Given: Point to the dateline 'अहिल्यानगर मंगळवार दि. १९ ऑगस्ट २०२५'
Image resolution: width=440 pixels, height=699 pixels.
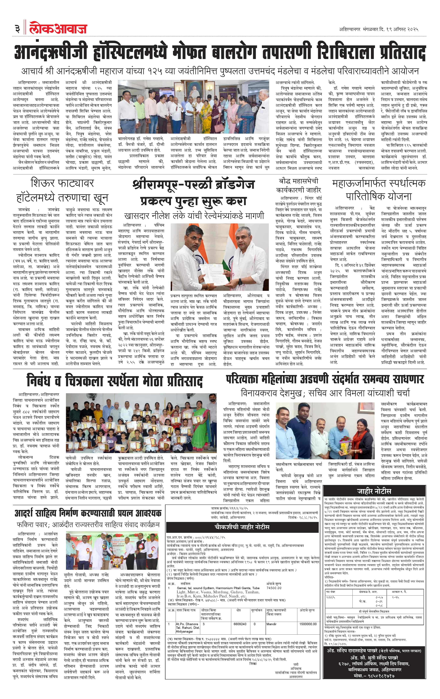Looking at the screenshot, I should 379,29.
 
